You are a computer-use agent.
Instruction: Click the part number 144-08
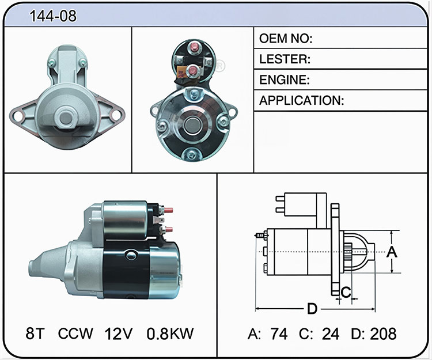click(x=53, y=16)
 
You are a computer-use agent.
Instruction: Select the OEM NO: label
click(x=286, y=39)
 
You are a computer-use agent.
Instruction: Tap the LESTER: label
click(x=285, y=59)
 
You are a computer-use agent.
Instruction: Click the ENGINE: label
click(x=285, y=80)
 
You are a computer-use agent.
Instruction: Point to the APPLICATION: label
click(x=302, y=101)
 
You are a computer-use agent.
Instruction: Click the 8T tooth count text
click(x=35, y=334)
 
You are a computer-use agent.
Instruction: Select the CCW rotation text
click(x=75, y=334)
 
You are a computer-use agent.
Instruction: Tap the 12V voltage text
click(x=119, y=334)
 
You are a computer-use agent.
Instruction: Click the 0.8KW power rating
click(x=170, y=334)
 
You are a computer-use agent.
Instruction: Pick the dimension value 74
click(x=279, y=334)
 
